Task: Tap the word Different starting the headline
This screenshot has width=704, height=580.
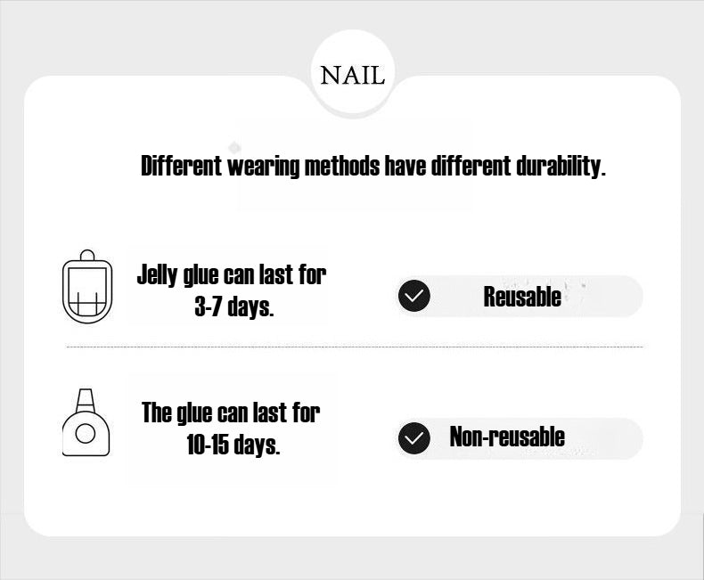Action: pyautogui.click(x=181, y=166)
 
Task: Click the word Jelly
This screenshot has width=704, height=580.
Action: pyautogui.click(x=158, y=274)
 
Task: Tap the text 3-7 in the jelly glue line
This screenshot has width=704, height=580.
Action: pyautogui.click(x=209, y=307)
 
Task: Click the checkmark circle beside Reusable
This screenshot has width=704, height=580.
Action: pyautogui.click(x=413, y=297)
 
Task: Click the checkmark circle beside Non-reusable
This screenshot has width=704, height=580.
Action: pyautogui.click(x=413, y=438)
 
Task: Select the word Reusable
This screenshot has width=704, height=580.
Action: pyautogui.click(x=522, y=297)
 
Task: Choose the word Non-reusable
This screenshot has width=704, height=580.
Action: pyautogui.click(x=507, y=437)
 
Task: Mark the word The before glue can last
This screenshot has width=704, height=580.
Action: pyautogui.click(x=157, y=413)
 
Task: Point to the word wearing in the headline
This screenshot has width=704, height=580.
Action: pyautogui.click(x=263, y=166)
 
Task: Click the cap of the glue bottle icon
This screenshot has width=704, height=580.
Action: pyautogui.click(x=86, y=397)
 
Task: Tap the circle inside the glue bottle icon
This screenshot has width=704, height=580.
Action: pyautogui.click(x=86, y=434)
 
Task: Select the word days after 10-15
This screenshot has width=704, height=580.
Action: pyautogui.click(x=257, y=445)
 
